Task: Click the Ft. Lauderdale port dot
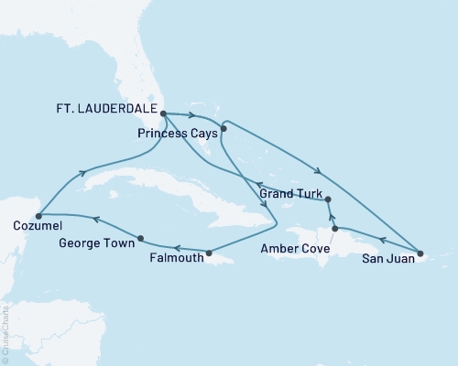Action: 163,114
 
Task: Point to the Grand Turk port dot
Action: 328,199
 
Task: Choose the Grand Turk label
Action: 290,194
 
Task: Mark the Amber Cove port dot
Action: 335,229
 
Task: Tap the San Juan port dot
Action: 420,253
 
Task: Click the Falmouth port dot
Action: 209,253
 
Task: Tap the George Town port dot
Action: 139,239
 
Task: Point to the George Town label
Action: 96,245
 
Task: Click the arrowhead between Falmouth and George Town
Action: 176,248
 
